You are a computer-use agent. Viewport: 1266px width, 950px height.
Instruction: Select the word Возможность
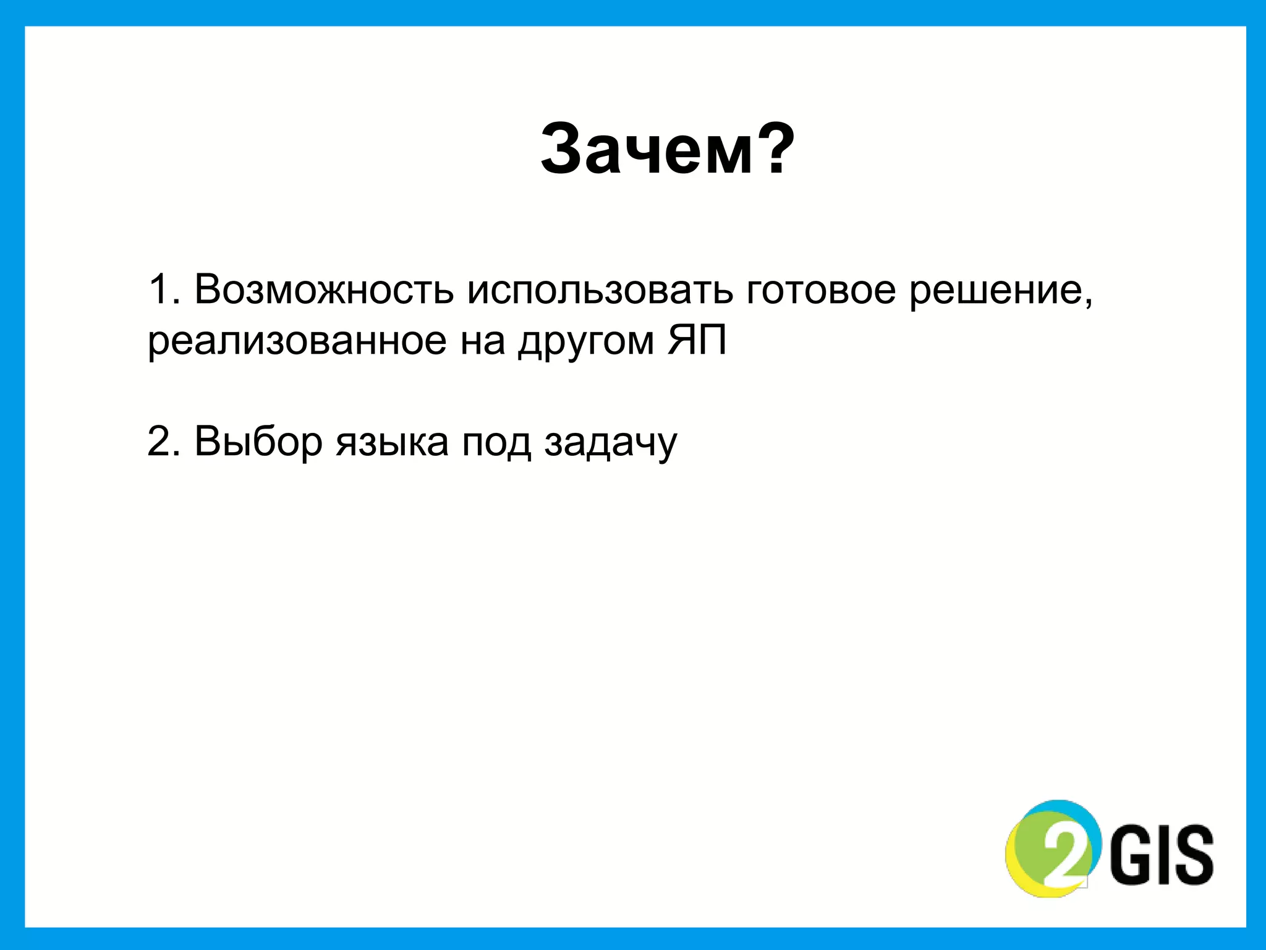[323, 289]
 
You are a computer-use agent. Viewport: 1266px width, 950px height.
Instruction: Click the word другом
[587, 342]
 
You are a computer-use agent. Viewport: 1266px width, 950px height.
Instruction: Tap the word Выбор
[258, 442]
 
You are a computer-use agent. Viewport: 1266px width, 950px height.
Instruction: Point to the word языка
[392, 443]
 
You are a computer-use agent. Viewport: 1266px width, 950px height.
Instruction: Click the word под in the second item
[496, 443]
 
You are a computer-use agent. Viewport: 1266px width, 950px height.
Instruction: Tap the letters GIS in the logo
[1162, 854]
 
